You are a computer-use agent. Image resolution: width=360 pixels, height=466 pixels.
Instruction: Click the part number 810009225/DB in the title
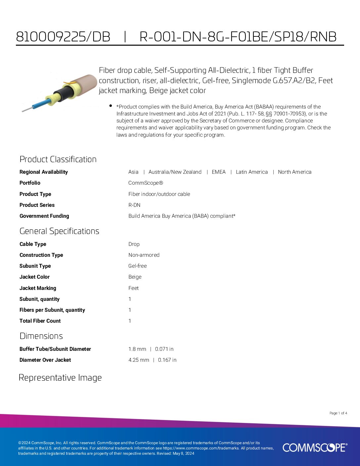point(63,37)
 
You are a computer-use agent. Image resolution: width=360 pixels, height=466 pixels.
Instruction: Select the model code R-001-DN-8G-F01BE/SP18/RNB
point(238,37)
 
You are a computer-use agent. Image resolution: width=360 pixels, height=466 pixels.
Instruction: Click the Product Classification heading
point(58,159)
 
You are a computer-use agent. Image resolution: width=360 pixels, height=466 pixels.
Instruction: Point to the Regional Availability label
point(44,172)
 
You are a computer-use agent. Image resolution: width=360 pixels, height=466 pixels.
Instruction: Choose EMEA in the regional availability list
point(218,172)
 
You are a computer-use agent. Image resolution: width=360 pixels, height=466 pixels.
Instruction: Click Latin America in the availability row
point(251,172)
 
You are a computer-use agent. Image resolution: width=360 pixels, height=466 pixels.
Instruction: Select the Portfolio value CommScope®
point(146,183)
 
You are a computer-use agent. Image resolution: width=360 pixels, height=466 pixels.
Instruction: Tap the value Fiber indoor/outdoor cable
point(159,194)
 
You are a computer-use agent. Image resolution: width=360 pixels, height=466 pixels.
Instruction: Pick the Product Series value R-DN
point(134,205)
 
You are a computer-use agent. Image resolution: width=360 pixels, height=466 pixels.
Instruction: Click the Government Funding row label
point(44,216)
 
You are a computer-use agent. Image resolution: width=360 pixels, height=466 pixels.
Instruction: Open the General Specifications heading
point(59,231)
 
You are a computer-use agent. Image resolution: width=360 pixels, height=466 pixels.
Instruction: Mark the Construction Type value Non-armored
point(144,255)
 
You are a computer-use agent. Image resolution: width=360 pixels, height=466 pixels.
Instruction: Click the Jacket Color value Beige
point(135,277)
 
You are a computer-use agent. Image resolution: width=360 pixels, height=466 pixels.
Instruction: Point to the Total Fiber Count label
point(40,321)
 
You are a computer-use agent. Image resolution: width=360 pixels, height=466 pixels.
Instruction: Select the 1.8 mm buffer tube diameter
point(137,349)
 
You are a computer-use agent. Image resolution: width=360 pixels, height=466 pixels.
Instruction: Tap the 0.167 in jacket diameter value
point(167,360)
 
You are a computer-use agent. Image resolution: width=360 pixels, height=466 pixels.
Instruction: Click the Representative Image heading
point(60,378)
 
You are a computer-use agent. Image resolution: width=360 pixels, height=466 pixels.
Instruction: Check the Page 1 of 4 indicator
point(338,413)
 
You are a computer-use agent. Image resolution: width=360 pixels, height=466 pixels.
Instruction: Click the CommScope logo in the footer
point(315,447)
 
